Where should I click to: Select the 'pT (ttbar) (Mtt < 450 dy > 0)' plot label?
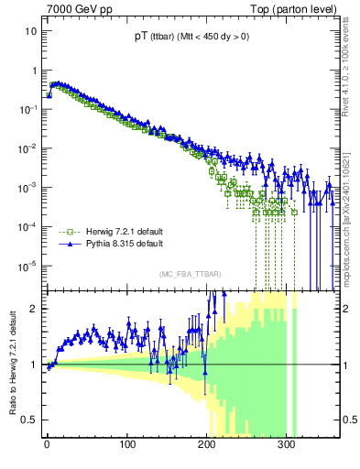(191, 38)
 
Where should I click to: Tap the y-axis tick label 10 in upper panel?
(30, 31)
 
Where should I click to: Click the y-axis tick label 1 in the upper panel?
(34, 71)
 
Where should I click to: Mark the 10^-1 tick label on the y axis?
(28, 109)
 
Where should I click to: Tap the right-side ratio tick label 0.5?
(349, 420)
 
